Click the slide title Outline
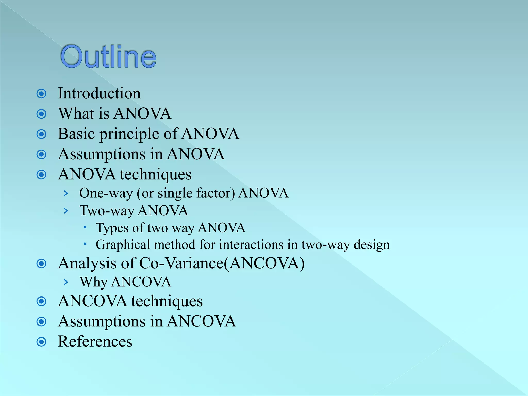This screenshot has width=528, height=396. (x=108, y=56)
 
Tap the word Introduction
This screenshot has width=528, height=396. (x=99, y=93)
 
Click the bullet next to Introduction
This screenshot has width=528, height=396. (x=42, y=94)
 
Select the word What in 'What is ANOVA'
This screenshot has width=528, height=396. (x=76, y=113)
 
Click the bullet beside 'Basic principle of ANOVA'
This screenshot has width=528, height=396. (x=42, y=134)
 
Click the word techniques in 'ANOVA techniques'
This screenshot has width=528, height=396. (x=156, y=175)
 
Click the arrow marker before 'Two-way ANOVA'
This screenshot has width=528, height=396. (x=66, y=211)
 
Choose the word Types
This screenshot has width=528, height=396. (x=112, y=228)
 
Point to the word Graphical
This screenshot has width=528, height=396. (x=123, y=245)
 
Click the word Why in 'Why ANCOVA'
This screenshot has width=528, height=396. (x=93, y=282)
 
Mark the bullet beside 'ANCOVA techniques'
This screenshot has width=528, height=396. (x=42, y=301)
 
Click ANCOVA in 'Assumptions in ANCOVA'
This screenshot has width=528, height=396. (x=201, y=321)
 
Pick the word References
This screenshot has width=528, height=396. (x=95, y=342)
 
